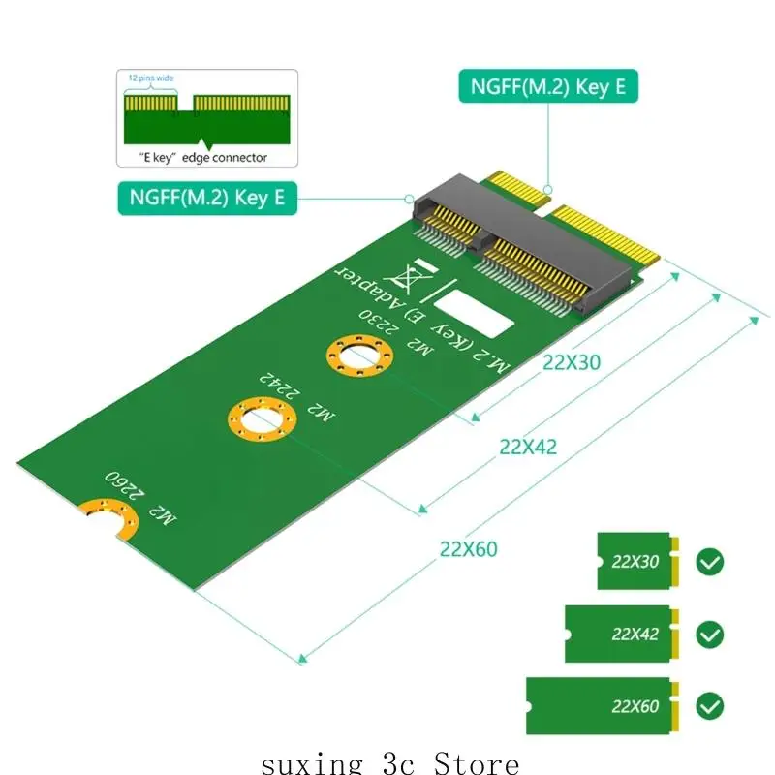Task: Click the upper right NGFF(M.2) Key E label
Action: point(548,86)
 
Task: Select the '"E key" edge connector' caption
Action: point(197,157)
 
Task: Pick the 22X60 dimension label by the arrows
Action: point(468,549)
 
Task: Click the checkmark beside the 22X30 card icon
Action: point(710,561)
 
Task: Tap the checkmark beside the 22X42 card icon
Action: point(710,635)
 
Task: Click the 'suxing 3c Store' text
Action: point(390,763)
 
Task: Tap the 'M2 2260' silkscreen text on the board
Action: point(141,498)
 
